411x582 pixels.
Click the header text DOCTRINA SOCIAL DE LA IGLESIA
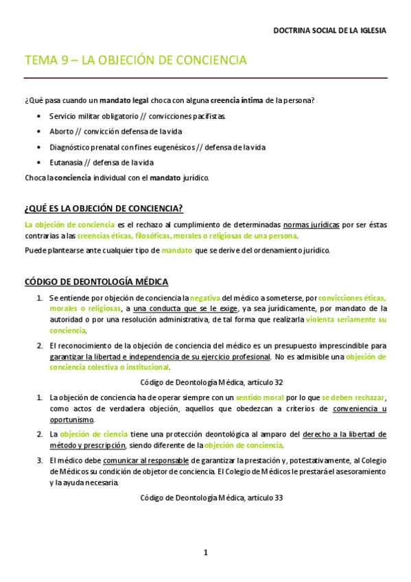click(x=329, y=31)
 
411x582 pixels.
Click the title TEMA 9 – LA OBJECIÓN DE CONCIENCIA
click(x=135, y=60)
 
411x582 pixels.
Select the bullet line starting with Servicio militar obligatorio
click(x=137, y=116)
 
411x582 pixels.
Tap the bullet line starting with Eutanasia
click(x=102, y=163)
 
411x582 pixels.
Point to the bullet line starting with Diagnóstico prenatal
click(x=157, y=147)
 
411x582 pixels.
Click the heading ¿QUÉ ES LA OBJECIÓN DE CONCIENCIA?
click(x=103, y=209)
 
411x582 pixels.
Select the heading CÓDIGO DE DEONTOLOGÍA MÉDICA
click(x=96, y=282)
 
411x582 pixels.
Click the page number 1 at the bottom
click(x=205, y=552)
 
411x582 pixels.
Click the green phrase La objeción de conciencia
click(x=69, y=224)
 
